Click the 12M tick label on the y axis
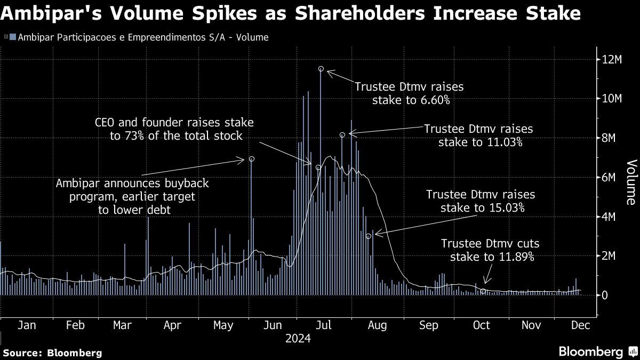click(612, 59)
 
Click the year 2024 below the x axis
click(298, 339)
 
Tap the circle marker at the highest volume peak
click(321, 69)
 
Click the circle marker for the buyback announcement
click(251, 159)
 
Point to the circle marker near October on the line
click(483, 291)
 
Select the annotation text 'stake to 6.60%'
click(410, 99)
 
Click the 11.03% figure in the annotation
click(503, 142)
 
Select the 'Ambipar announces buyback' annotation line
click(132, 183)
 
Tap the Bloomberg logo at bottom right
click(591, 351)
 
